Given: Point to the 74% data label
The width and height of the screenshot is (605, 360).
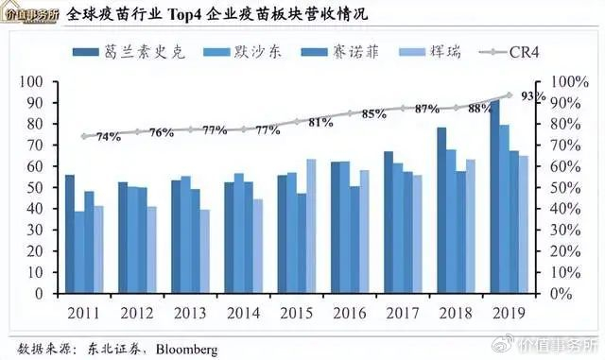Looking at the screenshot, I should (108, 138).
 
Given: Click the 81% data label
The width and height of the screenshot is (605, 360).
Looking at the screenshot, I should (320, 123).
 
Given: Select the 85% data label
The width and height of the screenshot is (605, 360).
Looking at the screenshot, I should (374, 115).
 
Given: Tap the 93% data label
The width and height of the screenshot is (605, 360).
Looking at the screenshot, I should (534, 98).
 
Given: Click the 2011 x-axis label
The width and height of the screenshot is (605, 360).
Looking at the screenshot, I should (84, 313).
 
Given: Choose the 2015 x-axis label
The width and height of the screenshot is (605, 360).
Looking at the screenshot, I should (297, 313).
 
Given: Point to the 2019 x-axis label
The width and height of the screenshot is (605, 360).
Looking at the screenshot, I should (510, 313).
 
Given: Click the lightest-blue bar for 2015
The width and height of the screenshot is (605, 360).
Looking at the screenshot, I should (311, 226).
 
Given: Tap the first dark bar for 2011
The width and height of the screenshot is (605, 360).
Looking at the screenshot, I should (70, 233).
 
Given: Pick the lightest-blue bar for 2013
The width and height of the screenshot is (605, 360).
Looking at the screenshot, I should (204, 251).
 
